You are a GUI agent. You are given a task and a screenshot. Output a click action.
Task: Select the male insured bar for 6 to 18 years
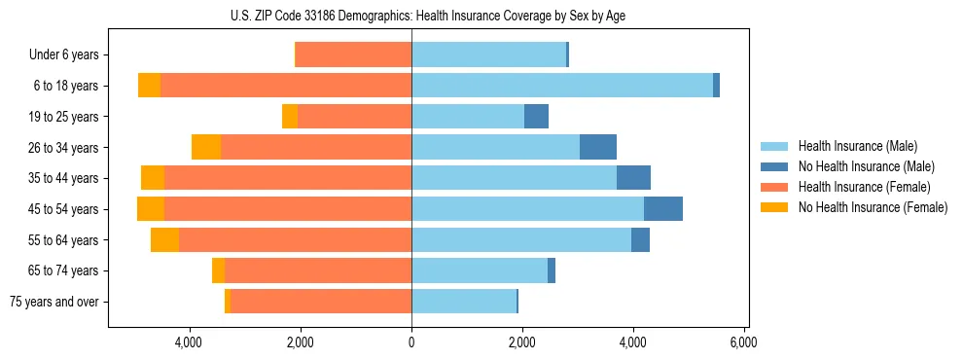[x=561, y=86]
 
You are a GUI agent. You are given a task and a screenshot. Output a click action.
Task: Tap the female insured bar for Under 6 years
[x=353, y=54]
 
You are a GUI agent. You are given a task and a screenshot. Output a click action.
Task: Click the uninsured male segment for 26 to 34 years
[x=598, y=147]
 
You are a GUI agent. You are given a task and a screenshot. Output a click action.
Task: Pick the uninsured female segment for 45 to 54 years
[x=151, y=209]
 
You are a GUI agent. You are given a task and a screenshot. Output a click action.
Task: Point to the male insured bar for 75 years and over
[x=463, y=302]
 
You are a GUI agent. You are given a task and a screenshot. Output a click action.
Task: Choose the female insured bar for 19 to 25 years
[x=354, y=117]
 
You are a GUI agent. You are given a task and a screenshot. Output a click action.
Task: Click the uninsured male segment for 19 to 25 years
[x=536, y=117]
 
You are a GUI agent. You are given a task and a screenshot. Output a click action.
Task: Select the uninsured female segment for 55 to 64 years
[x=164, y=240]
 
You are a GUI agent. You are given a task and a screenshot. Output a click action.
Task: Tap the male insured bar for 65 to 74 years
[x=479, y=270]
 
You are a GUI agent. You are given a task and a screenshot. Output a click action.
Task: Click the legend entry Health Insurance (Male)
[x=857, y=146]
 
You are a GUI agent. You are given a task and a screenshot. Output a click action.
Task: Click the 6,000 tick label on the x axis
[x=744, y=342]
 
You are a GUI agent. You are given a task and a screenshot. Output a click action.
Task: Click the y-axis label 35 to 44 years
[x=64, y=178]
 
